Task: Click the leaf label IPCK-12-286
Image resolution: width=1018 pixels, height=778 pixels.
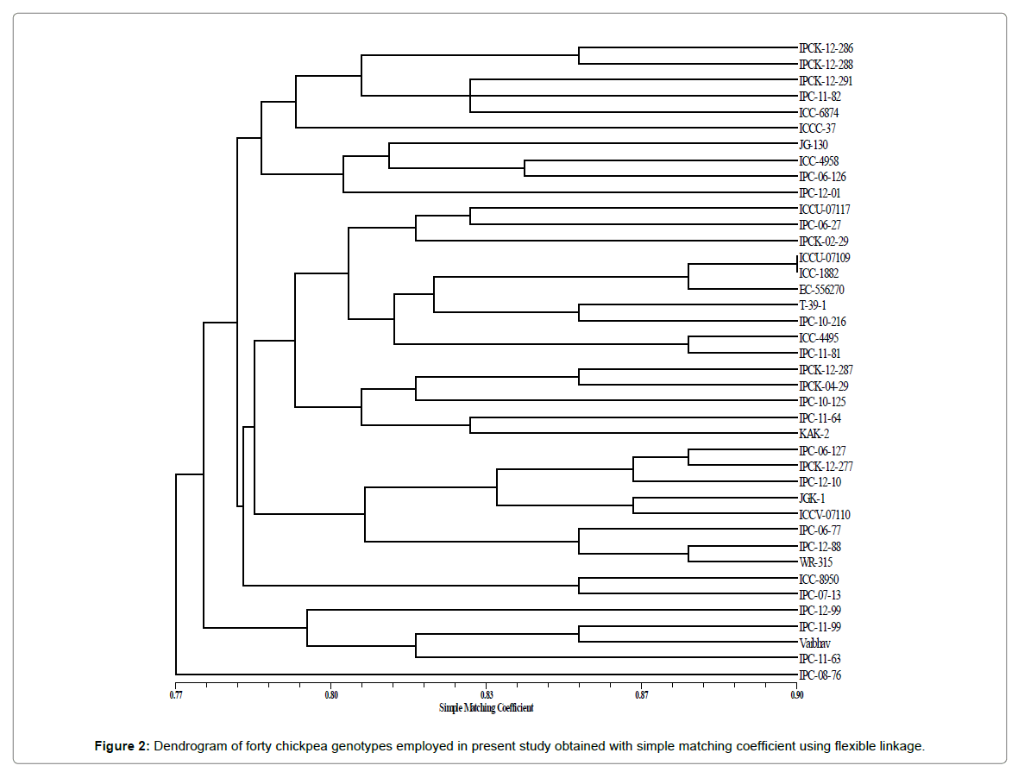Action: [826, 48]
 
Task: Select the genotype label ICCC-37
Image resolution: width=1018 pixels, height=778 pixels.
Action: [817, 129]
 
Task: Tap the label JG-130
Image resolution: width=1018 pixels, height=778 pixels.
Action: [814, 145]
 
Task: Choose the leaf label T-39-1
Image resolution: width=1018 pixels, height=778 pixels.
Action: [814, 306]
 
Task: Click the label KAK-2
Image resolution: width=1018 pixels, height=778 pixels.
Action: [814, 435]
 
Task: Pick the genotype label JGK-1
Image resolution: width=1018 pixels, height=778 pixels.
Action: [813, 499]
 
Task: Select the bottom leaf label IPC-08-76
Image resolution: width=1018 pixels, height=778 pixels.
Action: [820, 675]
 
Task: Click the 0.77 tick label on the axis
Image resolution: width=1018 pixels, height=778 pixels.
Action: [176, 694]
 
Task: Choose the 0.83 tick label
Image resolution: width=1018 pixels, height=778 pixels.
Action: [487, 694]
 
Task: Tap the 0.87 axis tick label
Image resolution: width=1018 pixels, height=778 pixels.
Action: [642, 694]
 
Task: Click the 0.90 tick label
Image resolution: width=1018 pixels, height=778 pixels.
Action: [797, 694]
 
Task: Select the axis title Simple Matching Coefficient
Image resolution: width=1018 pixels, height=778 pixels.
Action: [487, 707]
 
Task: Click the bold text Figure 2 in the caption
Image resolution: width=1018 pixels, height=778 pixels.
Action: [123, 746]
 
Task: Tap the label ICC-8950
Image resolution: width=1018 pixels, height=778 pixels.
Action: [819, 580]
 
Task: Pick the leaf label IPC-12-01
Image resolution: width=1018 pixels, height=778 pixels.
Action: [819, 193]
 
